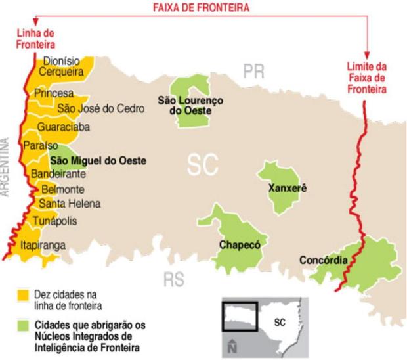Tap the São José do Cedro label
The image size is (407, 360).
pos(99,108)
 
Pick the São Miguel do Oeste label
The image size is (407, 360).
pos(98,160)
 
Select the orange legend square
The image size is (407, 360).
pos(24,294)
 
